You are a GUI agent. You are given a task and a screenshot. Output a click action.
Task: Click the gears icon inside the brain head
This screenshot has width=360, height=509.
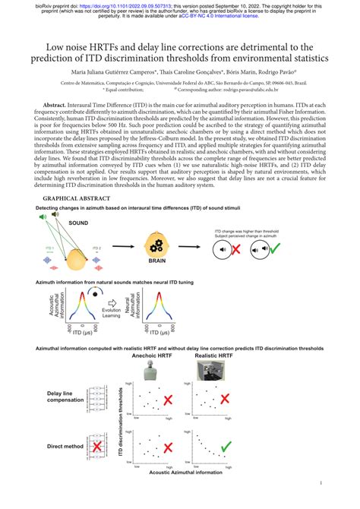tap(157, 245)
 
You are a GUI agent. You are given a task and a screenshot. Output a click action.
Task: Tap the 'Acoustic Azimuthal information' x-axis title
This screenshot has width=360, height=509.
tap(186, 473)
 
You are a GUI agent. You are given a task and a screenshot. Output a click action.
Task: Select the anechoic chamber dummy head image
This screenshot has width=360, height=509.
tap(154, 370)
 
